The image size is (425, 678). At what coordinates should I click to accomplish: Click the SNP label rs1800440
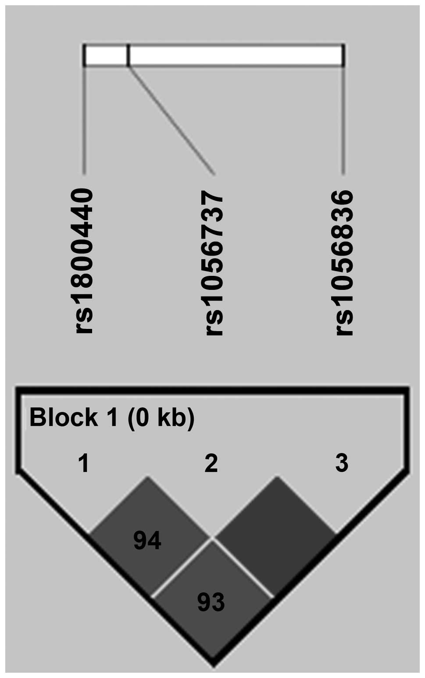85,261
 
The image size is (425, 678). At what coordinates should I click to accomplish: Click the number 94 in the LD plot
147,541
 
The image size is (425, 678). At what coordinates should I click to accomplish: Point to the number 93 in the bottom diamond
211,602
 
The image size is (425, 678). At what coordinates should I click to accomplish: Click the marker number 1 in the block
84,463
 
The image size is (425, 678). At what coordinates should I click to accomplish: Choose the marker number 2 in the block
211,463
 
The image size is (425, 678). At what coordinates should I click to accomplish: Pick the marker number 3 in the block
341,463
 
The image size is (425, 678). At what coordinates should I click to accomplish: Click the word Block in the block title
64,417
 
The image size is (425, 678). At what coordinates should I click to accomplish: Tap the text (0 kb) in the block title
161,417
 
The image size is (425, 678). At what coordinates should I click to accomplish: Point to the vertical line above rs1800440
84,121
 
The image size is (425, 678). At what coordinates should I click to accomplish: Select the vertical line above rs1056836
343,121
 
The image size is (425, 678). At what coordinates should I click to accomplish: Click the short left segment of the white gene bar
106,55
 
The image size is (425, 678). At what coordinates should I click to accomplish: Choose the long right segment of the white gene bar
236,55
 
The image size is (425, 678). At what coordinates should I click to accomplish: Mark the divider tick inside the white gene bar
128,55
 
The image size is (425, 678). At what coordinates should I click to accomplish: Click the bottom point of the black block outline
213,661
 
